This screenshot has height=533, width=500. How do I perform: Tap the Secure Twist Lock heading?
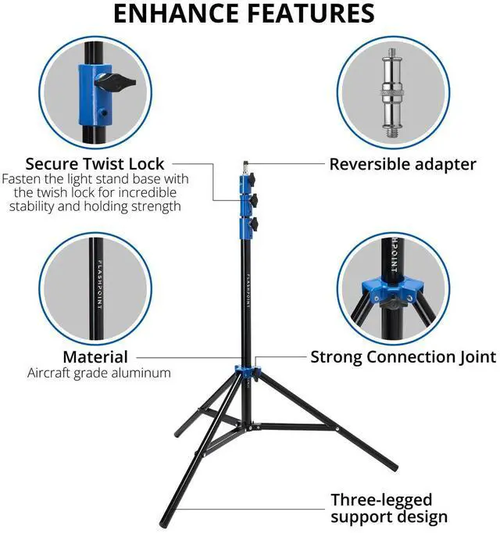coord(95,164)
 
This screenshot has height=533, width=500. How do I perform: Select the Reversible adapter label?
coord(402,164)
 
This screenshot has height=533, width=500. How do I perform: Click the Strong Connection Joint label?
coord(403,357)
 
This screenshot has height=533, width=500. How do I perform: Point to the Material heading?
coord(95,357)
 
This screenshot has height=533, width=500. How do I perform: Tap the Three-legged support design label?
coord(388,508)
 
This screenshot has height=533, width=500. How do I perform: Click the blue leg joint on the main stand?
coord(245,370)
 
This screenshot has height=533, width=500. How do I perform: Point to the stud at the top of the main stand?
coord(247,166)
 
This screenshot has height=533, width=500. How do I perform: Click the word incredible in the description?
coord(147,192)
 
